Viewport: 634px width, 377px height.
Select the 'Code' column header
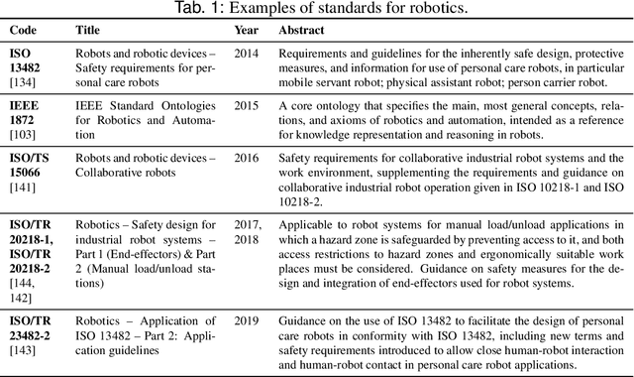25,30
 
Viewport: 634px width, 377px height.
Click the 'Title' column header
88,30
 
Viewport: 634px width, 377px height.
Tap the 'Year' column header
246,30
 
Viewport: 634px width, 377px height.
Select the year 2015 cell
248,104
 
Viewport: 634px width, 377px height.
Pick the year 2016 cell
248,156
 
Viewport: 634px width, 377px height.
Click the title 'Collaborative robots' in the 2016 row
125,172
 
